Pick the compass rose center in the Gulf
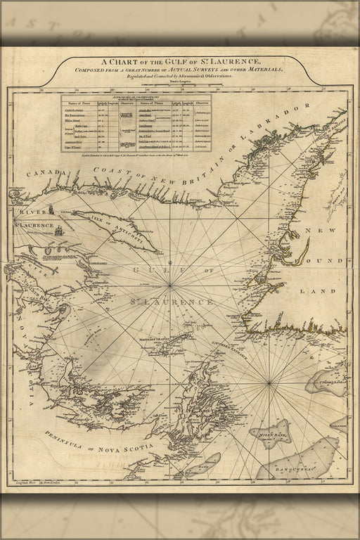[x=173, y=284]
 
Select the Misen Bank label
[x=275, y=435]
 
